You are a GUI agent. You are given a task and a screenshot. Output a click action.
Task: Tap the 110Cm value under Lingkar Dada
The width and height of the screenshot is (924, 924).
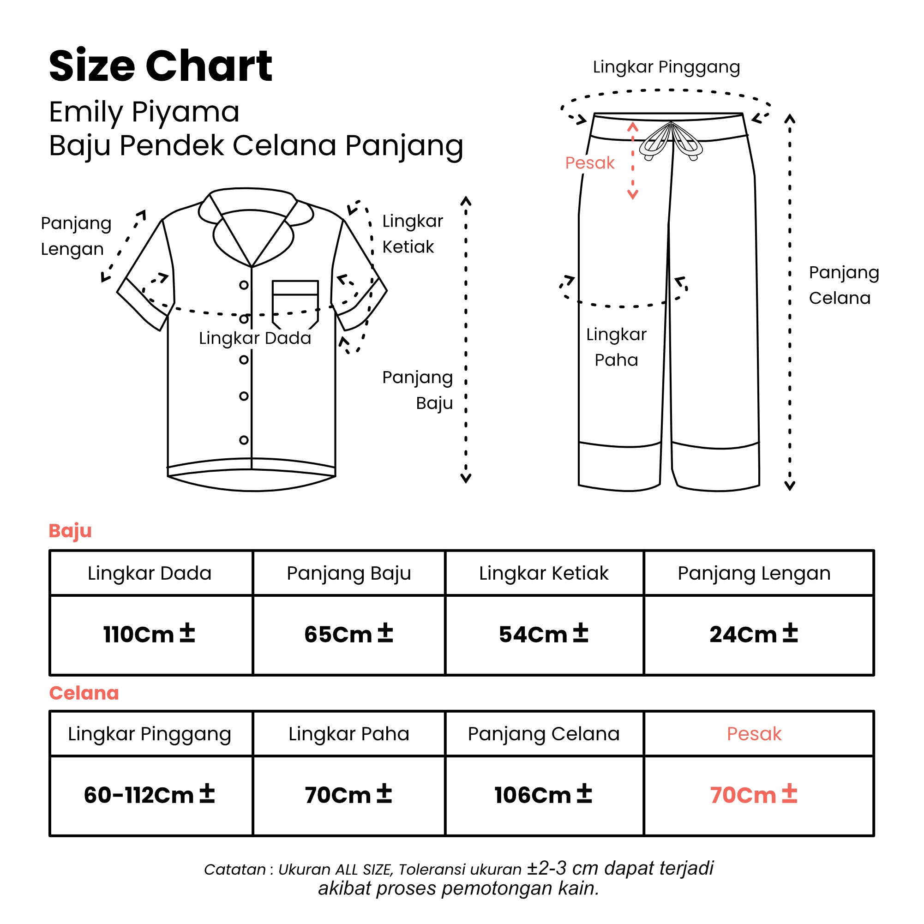149,634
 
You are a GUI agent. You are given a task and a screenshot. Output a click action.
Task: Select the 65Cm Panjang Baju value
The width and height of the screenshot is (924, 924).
348,634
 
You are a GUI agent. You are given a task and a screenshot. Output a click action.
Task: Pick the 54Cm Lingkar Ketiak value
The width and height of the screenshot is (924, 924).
544,634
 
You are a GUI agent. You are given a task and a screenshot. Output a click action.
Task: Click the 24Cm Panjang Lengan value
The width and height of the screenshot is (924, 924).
754,634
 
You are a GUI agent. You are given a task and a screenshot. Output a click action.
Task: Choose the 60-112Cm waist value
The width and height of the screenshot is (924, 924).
149,795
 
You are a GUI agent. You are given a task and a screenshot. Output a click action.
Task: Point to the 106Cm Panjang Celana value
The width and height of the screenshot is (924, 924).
543,795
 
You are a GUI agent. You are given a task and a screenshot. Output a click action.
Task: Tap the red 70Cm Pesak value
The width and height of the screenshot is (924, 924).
754,795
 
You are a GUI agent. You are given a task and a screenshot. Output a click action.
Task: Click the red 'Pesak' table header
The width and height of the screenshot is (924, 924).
754,734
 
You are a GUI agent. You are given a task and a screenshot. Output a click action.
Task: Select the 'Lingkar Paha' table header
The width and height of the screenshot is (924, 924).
348,734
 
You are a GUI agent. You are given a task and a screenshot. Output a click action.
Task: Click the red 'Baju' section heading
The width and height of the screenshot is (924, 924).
70,531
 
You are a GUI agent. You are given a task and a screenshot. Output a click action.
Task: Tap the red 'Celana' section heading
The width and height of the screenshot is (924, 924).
84,693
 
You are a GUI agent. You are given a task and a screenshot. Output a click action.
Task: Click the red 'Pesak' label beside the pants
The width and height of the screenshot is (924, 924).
590,163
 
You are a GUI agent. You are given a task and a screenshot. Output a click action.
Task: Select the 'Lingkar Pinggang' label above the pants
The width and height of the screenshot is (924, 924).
666,67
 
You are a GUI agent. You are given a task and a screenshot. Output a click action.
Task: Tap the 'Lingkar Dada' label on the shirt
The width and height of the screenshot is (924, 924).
255,338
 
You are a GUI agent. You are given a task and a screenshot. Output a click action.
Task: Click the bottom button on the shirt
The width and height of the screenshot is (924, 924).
244,440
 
